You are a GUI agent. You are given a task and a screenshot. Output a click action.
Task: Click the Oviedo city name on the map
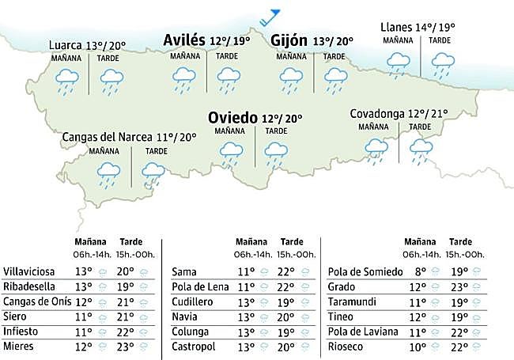point(232,118)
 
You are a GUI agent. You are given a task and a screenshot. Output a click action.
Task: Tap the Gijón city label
point(289,41)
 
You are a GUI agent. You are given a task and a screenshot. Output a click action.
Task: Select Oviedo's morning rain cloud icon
point(231,152)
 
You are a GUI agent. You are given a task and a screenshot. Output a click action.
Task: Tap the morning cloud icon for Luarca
point(66,80)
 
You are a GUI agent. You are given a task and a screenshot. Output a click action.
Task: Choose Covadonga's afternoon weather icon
point(420,148)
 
